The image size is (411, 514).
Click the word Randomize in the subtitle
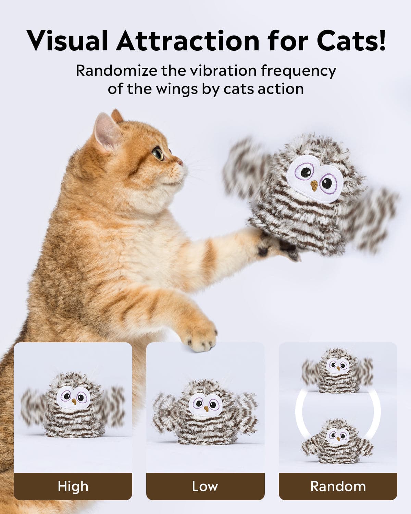coord(116,71)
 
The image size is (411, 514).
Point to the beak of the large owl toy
coord(314,185)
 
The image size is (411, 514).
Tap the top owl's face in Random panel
coord(338,366)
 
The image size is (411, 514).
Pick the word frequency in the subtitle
coord(298,72)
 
